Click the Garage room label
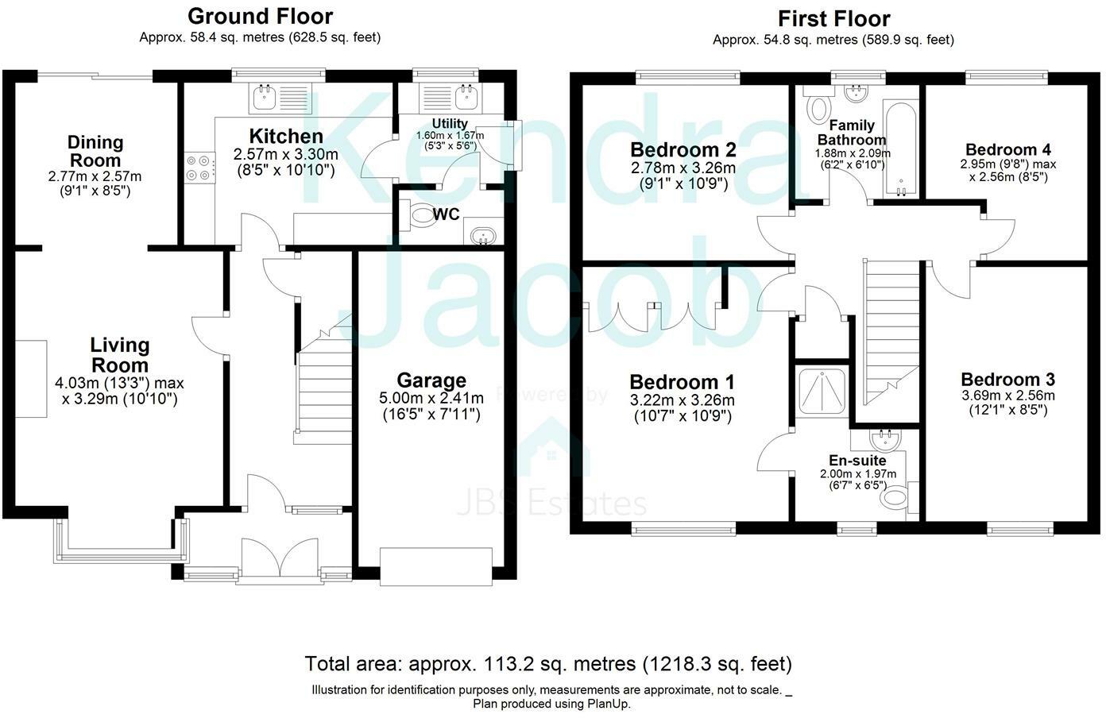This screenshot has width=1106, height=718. click(431, 380)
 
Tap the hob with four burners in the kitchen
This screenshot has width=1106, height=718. click(200, 168)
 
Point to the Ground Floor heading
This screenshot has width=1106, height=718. click(260, 17)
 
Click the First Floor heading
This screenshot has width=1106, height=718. click(834, 19)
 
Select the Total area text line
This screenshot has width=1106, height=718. click(548, 664)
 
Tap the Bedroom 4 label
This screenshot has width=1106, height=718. click(1008, 149)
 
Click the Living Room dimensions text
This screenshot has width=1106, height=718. click(119, 391)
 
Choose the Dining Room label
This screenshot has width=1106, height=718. click(95, 151)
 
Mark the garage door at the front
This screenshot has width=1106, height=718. click(436, 566)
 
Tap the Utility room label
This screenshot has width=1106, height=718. click(450, 123)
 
